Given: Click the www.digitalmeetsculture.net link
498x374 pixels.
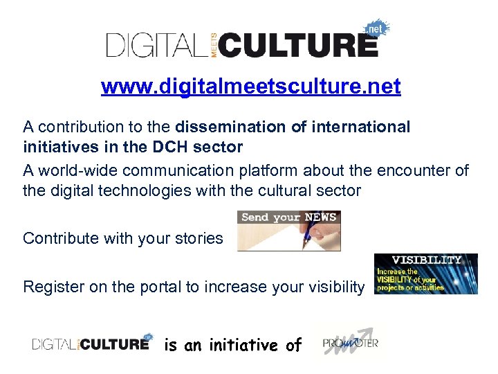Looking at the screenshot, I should click(250, 87).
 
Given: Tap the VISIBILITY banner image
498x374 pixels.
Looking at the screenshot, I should click(426, 274).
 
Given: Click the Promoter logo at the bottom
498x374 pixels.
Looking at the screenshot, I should click(350, 342).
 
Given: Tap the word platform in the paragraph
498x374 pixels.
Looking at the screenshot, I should click(286, 170).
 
